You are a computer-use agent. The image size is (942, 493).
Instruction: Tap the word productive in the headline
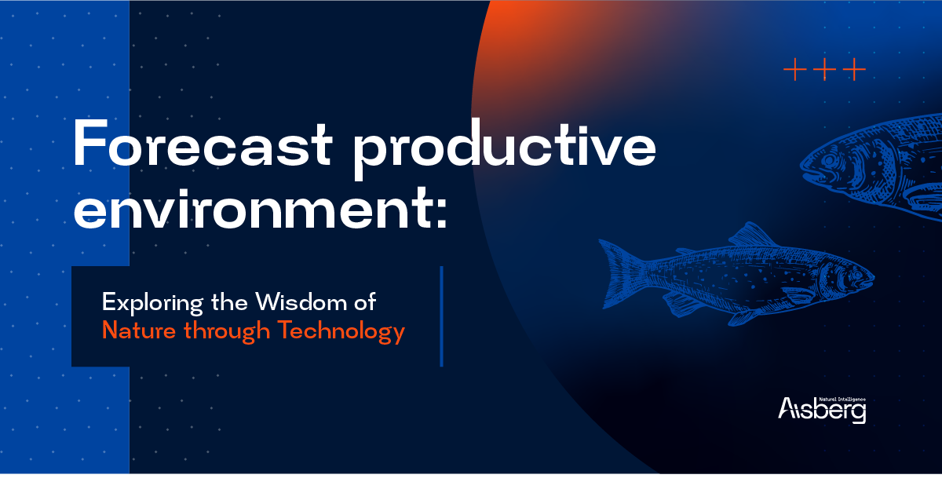pyautogui.click(x=504, y=149)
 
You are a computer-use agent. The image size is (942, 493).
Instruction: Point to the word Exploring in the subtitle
pyautogui.click(x=152, y=303)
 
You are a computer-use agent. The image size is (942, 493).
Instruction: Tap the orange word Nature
pyautogui.click(x=139, y=330)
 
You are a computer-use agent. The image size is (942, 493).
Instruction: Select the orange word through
pyautogui.click(x=227, y=331)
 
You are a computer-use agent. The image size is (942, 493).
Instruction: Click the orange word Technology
pyautogui.click(x=341, y=331)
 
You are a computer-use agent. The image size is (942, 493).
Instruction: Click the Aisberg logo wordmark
pyautogui.click(x=822, y=409)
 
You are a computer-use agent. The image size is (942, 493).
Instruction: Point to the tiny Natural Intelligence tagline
pyautogui.click(x=842, y=400)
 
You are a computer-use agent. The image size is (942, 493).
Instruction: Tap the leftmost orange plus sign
pyautogui.click(x=794, y=69)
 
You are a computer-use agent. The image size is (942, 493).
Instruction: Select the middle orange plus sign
pyautogui.click(x=825, y=69)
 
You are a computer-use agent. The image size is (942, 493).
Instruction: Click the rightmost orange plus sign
pyautogui.click(x=855, y=69)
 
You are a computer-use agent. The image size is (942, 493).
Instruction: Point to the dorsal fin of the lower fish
pyautogui.click(x=753, y=235)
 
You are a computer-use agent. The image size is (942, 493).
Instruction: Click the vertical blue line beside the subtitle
pyautogui.click(x=441, y=316)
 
